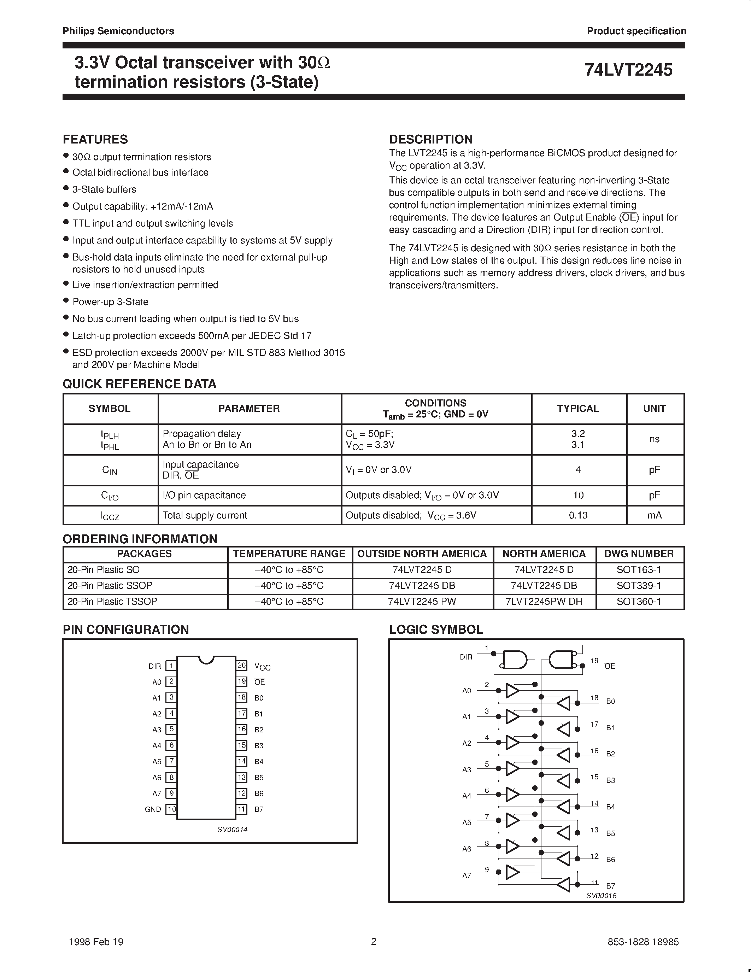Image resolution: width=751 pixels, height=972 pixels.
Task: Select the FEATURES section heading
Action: (x=95, y=139)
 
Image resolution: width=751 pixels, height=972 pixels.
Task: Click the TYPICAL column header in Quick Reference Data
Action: (x=577, y=408)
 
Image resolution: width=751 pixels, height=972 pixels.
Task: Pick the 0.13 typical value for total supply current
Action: (x=578, y=515)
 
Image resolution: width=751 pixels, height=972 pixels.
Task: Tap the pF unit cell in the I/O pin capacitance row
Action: (x=654, y=495)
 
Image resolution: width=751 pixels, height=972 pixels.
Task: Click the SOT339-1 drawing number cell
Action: (x=639, y=585)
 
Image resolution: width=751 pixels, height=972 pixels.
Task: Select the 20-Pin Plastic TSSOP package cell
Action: (x=112, y=601)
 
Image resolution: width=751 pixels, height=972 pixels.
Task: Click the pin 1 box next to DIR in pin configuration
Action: (x=171, y=666)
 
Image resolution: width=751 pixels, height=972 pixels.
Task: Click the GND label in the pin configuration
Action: (x=153, y=809)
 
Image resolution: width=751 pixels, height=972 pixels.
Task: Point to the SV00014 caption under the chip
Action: (x=232, y=829)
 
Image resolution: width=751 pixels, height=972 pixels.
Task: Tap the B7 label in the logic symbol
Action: (x=610, y=886)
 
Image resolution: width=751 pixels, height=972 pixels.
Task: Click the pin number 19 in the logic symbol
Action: (x=594, y=661)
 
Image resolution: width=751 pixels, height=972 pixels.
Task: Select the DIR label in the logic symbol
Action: (x=466, y=657)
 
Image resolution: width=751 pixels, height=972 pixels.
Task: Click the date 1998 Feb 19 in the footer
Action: (x=96, y=942)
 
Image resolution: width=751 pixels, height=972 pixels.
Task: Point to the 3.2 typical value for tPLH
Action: (x=578, y=433)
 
